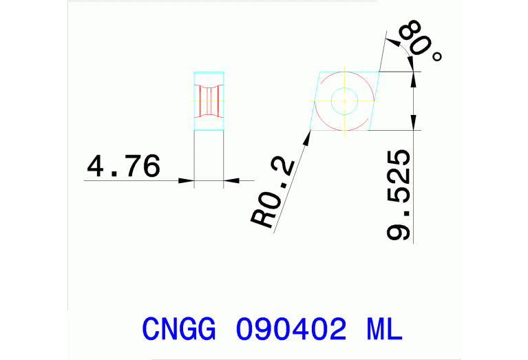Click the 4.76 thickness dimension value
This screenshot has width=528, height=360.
point(123,167)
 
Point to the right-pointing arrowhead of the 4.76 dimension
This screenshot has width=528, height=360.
point(187,181)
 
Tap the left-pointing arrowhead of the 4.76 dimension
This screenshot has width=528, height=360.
point(231,181)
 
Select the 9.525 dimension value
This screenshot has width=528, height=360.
point(400,195)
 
